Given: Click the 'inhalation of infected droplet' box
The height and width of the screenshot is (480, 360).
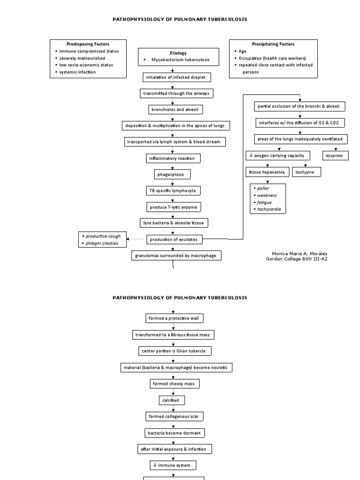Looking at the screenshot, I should (x=173, y=77).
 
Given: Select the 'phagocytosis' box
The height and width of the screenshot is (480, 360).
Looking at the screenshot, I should (x=173, y=174).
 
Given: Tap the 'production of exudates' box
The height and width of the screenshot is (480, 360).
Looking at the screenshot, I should (x=173, y=239).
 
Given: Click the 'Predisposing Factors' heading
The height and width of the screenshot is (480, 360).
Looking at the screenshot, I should (x=88, y=44).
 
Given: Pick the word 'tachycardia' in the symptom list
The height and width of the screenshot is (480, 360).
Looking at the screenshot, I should (x=269, y=209).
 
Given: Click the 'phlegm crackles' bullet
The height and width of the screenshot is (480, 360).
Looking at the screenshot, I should (x=102, y=243).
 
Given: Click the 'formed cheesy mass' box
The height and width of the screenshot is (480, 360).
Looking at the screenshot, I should (x=173, y=383).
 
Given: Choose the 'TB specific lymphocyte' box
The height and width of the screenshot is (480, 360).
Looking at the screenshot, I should (x=173, y=190).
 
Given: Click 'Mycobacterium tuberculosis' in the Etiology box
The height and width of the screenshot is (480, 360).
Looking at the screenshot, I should (x=180, y=60).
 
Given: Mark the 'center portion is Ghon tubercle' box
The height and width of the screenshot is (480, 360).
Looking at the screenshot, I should (x=173, y=351).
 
